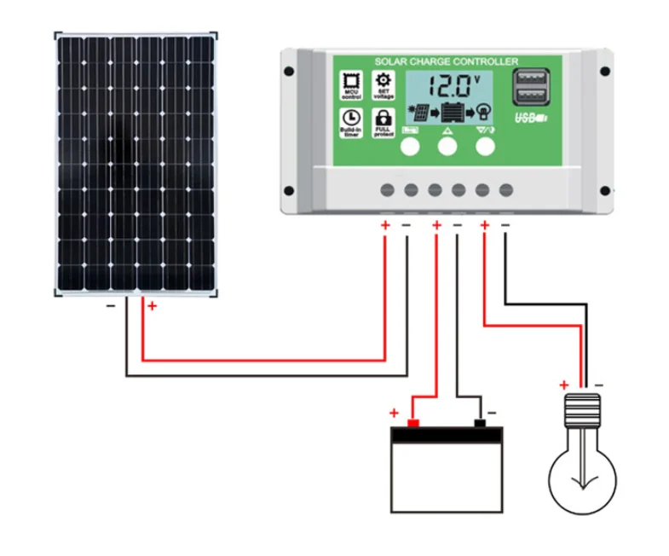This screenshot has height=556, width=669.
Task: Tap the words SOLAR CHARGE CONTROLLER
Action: point(445,62)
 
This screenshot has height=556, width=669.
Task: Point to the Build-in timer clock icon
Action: point(350,122)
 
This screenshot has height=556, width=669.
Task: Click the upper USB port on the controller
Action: point(529,79)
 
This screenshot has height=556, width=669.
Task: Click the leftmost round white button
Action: point(410,147)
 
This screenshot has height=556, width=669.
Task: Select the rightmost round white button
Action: point(485,147)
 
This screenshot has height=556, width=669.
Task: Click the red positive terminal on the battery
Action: point(413,423)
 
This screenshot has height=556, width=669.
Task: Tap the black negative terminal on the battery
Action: point(480,423)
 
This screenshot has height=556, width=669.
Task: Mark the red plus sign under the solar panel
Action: point(152,306)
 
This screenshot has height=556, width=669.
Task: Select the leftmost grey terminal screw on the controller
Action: point(388,189)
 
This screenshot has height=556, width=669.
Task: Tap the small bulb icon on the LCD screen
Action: point(483,111)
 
